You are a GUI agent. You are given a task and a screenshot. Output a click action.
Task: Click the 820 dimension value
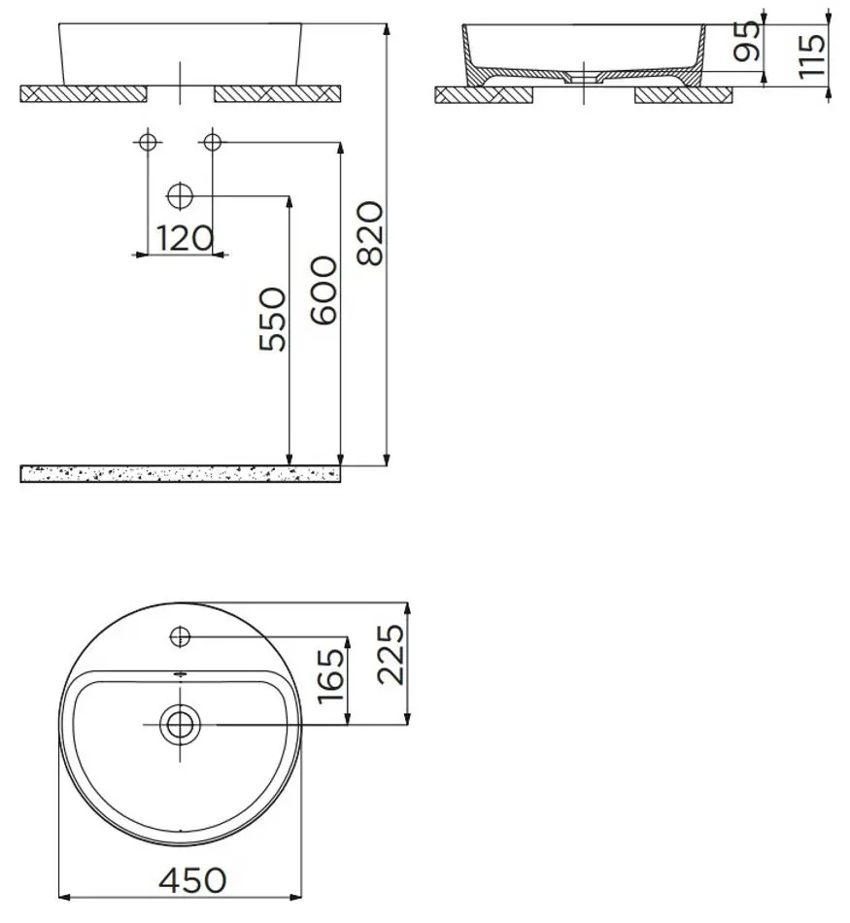tap(372, 233)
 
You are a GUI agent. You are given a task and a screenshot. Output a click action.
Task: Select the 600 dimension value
tap(323, 291)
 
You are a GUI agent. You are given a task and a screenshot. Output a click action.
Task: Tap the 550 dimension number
tap(274, 320)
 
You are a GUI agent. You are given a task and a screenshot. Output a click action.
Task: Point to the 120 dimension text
tap(185, 237)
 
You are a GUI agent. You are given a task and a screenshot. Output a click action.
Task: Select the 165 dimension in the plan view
tap(330, 677)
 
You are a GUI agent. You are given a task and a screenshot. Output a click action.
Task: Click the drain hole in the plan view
tap(180, 723)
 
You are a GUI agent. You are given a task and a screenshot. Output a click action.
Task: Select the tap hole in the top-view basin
tap(180, 636)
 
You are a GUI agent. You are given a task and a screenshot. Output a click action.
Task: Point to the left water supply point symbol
tap(147, 142)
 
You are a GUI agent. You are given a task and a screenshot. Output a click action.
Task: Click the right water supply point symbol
tap(212, 142)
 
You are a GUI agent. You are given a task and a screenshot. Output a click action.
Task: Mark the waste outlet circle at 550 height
tap(180, 196)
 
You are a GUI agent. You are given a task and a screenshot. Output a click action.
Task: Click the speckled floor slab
tap(180, 473)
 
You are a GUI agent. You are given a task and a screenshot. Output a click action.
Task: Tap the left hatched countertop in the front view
tap(83, 93)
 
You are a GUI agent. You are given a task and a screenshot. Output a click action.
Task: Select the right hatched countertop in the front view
tap(276, 93)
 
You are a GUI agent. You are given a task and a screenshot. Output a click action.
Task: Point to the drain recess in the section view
tap(582, 76)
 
